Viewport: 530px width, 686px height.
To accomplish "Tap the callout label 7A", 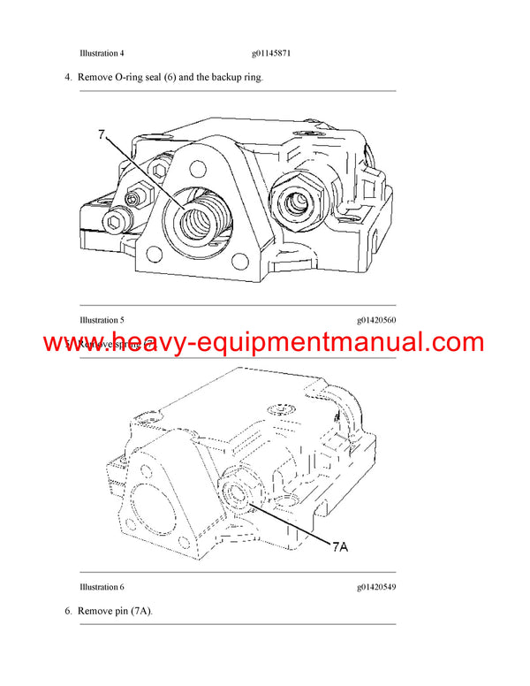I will pyautogui.click(x=339, y=545).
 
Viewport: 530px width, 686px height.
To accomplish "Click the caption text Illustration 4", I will pyautogui.click(x=103, y=53).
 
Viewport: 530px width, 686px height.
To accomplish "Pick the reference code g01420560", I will pyautogui.click(x=376, y=319).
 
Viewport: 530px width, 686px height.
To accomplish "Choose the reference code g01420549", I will pyautogui.click(x=376, y=587).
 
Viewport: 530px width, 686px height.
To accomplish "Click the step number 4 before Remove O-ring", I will pyautogui.click(x=68, y=78).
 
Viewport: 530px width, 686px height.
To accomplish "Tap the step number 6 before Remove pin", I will pyautogui.click(x=68, y=611).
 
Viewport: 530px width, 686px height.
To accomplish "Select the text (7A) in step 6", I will pyautogui.click(x=140, y=611).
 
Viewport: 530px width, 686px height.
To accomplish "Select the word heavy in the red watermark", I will pyautogui.click(x=128, y=342).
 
